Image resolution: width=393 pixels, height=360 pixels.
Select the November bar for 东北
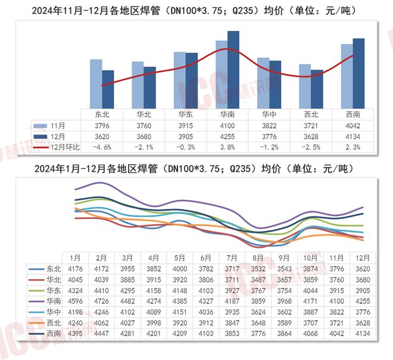(96, 83)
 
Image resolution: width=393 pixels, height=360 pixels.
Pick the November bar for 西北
(305, 86)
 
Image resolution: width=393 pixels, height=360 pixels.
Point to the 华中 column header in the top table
(269, 114)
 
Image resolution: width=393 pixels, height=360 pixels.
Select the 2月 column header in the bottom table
(101, 258)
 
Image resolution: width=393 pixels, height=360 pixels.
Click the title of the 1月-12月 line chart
(196, 169)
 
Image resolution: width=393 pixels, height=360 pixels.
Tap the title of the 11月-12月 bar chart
(196, 10)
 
